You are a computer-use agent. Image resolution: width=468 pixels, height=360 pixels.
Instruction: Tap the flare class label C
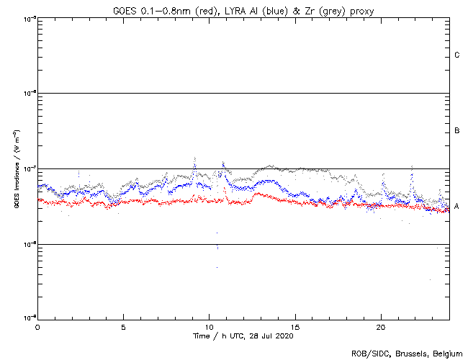pos(457,55)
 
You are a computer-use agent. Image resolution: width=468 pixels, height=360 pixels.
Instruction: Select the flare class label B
pos(457,131)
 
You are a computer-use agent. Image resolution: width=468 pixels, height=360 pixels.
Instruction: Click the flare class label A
pos(457,207)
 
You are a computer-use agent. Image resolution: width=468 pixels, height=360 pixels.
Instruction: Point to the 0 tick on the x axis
pos(37,326)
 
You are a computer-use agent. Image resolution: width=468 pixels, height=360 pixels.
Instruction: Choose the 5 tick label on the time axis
pos(123,326)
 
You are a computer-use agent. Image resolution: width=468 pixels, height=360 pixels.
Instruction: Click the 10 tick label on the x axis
pos(209,326)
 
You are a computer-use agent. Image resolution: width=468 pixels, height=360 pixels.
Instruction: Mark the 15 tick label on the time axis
pos(295,326)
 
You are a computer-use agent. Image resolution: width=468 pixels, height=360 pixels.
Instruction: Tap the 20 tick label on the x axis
pos(381,326)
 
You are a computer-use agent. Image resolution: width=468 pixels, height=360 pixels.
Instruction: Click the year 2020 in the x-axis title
pos(284,336)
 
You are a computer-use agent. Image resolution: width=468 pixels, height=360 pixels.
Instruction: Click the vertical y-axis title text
pos(15,170)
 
